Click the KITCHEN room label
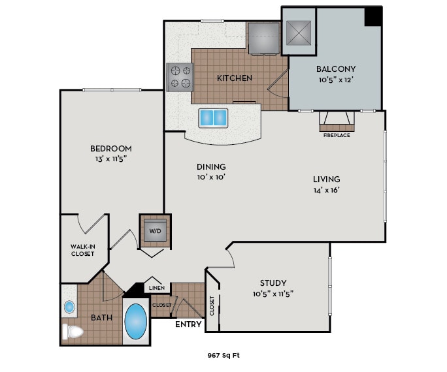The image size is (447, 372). click(234, 78)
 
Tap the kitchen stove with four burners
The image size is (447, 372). click(180, 76)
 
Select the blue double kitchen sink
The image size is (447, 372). click(214, 118)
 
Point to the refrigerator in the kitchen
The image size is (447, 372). click(263, 38)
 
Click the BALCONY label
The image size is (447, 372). click(335, 69)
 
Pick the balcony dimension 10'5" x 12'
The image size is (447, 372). click(335, 80)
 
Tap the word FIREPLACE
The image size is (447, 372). click(336, 136)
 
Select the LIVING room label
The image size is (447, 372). click(326, 179)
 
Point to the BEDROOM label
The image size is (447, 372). click(111, 148)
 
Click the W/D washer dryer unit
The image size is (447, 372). click(154, 231)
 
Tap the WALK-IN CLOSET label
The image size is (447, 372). click(83, 250)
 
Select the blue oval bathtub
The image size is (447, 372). click(136, 322)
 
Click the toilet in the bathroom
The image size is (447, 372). click(72, 333)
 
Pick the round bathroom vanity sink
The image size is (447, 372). click(70, 306)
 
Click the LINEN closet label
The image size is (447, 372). click(156, 288)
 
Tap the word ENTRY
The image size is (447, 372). click(189, 324)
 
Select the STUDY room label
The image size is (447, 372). click(273, 283)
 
